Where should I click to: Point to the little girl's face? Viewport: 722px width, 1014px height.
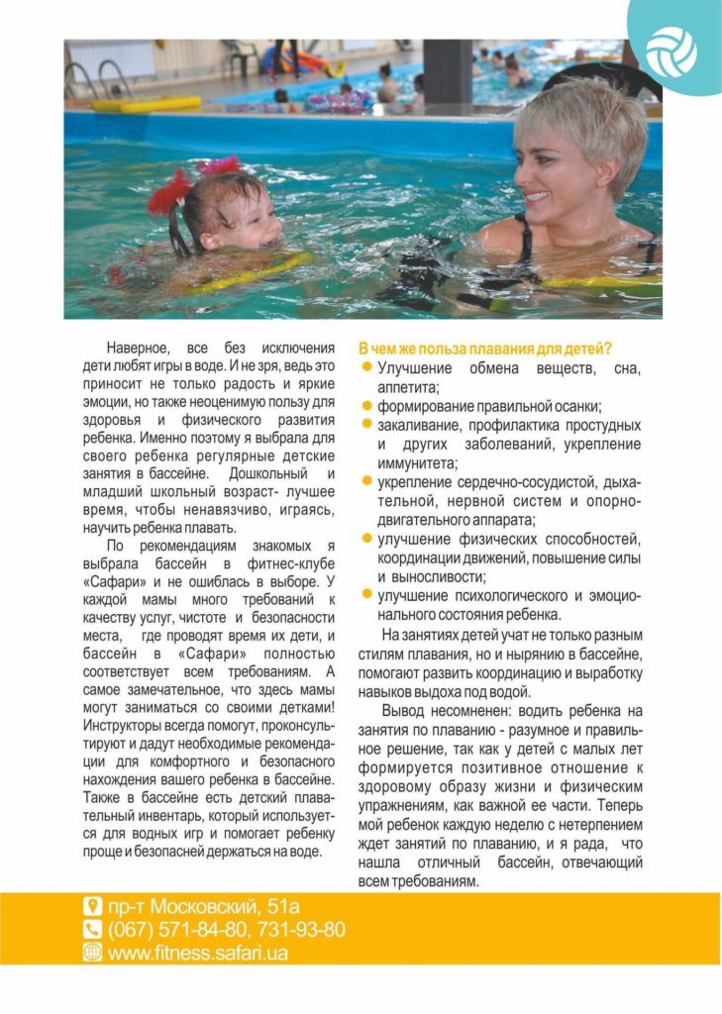point(247,221)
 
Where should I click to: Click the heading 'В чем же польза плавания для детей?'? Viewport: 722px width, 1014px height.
point(484,350)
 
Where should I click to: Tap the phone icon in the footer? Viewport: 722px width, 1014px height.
point(92,929)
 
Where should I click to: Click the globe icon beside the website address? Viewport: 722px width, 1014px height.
point(92,952)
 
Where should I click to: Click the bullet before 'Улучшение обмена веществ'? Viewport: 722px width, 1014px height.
point(366,368)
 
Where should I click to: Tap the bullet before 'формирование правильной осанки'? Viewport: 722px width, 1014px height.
point(366,406)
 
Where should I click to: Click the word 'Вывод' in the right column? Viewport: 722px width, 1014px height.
point(406,711)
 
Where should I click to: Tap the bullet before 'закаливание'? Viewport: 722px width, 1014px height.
point(366,425)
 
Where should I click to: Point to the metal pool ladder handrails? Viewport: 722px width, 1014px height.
point(97,79)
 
